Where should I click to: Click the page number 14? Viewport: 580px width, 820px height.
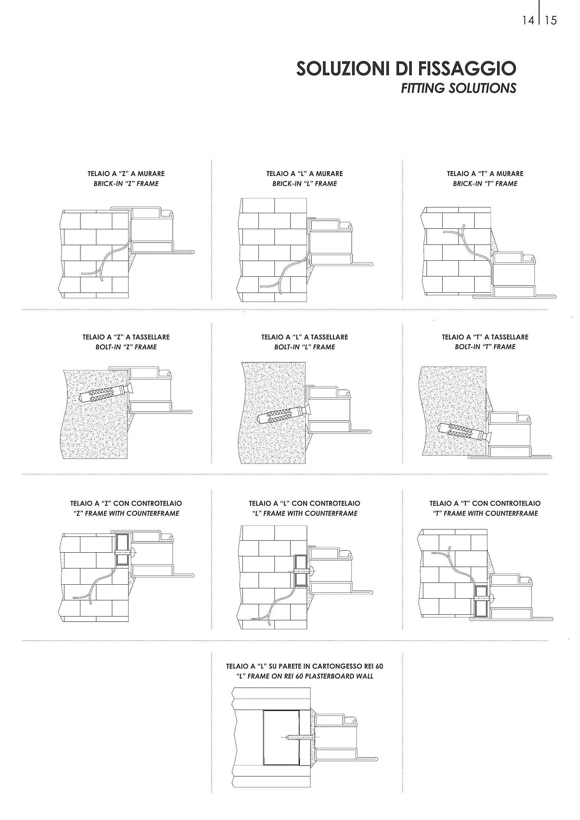pos(528,20)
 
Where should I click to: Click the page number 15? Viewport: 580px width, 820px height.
pos(551,20)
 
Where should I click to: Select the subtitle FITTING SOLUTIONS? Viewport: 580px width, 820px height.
pos(458,88)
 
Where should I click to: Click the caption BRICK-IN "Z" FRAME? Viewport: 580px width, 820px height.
pos(126,184)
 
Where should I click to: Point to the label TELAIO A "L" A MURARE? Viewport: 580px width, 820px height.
pos(304,173)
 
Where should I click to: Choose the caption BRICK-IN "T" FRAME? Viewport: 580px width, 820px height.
pos(485,184)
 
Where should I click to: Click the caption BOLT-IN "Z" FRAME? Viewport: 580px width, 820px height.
pos(126,347)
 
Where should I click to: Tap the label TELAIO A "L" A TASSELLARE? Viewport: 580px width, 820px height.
pos(304,337)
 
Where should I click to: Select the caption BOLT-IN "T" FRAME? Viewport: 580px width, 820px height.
pos(485,347)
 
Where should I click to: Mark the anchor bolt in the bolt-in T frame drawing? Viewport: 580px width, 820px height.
pos(464,431)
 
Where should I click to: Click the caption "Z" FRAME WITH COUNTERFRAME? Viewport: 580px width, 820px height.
pos(126,513)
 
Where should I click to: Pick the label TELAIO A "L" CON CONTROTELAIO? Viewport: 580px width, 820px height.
pos(304,503)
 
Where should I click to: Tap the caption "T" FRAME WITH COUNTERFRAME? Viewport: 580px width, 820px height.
pos(485,513)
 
